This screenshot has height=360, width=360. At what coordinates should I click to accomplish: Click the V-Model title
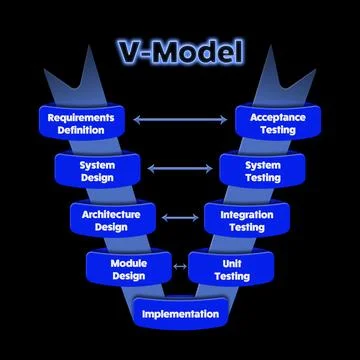180,51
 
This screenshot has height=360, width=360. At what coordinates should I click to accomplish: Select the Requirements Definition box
81,122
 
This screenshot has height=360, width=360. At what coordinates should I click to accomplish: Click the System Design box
98,171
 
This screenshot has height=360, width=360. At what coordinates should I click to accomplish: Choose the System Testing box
262,171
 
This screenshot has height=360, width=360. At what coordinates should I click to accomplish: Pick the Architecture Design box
112,220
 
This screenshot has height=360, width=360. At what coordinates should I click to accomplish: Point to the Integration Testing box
246,220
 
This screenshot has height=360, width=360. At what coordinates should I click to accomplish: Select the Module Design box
129,268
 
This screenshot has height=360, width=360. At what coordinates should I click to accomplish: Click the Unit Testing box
232,268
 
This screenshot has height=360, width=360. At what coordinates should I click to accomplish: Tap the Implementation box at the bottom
180,314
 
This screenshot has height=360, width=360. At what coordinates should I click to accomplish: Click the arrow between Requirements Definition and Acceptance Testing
180,121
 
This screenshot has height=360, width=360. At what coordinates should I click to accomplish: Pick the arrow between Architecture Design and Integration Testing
180,218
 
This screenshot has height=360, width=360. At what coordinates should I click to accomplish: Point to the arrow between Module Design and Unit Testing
180,266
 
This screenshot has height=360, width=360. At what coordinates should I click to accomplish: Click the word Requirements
81,116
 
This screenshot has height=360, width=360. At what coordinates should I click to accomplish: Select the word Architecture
112,213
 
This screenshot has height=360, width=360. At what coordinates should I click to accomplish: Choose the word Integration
246,213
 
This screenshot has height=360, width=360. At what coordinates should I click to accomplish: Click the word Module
129,262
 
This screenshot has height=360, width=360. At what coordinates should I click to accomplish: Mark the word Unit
232,262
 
